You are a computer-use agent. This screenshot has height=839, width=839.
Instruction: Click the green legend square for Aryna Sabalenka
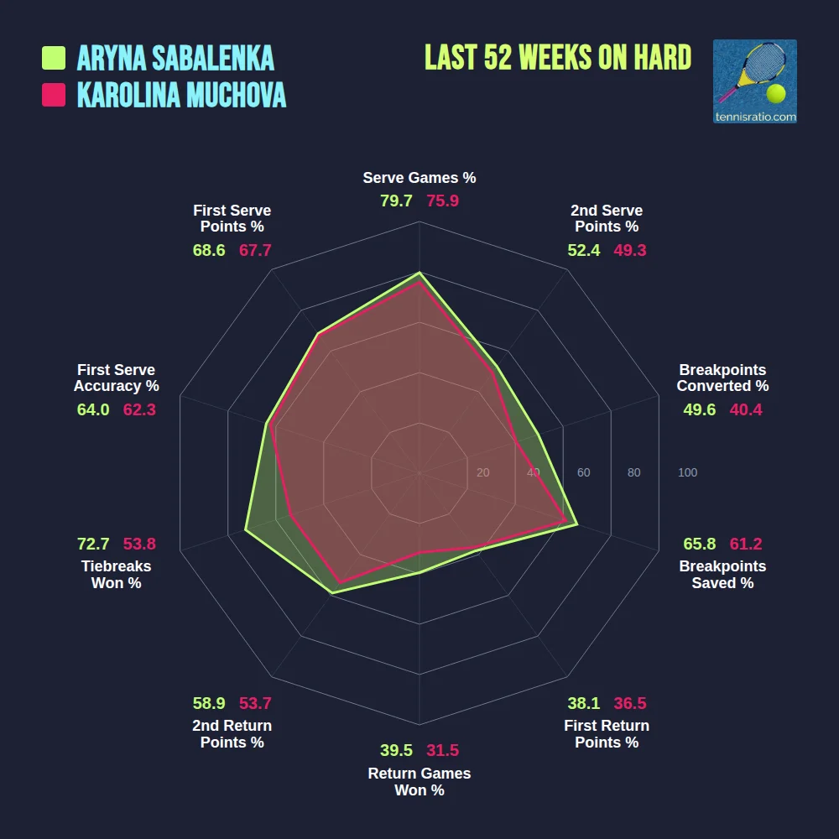tap(54, 58)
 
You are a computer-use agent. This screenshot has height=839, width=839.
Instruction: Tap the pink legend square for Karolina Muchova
tap(54, 95)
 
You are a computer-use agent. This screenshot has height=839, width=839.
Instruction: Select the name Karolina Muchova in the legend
tap(181, 95)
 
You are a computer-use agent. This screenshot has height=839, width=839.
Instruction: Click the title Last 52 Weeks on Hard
tap(558, 58)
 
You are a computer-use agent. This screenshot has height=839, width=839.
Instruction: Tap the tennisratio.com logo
tap(754, 81)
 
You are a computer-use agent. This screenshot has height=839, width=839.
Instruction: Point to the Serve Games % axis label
tap(419, 178)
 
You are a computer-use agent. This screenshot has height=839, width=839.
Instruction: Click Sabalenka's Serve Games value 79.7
tap(396, 201)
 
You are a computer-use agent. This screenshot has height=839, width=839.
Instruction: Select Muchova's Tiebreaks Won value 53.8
tap(139, 544)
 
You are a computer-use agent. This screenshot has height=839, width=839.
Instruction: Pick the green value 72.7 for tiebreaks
tap(93, 544)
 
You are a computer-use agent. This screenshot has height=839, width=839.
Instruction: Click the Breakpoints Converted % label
tap(722, 378)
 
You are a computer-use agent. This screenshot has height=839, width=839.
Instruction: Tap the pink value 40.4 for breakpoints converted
tap(745, 409)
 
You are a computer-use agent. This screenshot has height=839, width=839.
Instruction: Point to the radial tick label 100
tap(687, 473)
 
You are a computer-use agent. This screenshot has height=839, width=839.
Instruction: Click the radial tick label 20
tap(482, 473)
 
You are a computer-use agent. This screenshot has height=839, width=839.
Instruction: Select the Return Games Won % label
tap(419, 782)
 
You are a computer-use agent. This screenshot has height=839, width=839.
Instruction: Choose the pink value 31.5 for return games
tap(442, 750)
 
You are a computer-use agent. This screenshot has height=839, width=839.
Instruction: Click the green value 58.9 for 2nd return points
tap(209, 703)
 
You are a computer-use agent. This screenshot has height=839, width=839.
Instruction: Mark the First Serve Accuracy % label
tap(116, 378)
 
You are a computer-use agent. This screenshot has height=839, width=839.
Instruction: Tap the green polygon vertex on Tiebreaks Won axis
tap(246, 529)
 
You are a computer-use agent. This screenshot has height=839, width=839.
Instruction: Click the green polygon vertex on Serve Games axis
tap(419, 273)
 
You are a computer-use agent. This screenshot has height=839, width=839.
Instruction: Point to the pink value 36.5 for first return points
tap(629, 703)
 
